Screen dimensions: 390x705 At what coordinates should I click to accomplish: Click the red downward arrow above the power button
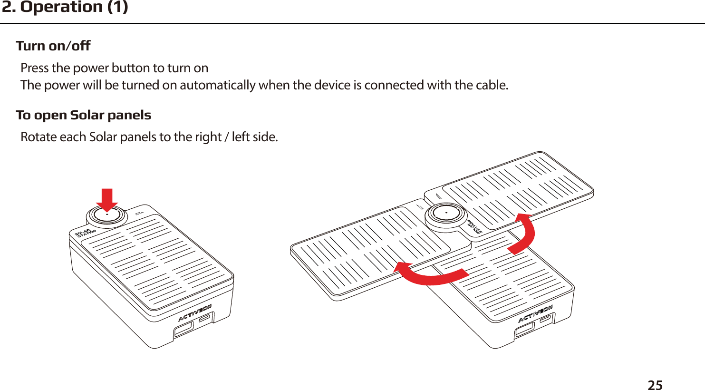[x=107, y=199]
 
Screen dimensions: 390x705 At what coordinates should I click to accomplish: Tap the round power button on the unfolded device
[x=446, y=214]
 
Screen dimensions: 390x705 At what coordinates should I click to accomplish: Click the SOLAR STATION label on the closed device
[x=86, y=233]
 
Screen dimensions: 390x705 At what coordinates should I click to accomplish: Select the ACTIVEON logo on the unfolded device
[x=535, y=314]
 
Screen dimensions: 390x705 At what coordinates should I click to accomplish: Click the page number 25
[x=655, y=384]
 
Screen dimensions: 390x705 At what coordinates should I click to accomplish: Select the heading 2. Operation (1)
[x=65, y=8]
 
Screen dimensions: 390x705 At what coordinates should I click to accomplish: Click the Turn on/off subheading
[x=53, y=46]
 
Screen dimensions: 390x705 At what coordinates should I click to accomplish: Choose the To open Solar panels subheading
[x=83, y=115]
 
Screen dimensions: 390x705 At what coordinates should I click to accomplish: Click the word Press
[x=35, y=68]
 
